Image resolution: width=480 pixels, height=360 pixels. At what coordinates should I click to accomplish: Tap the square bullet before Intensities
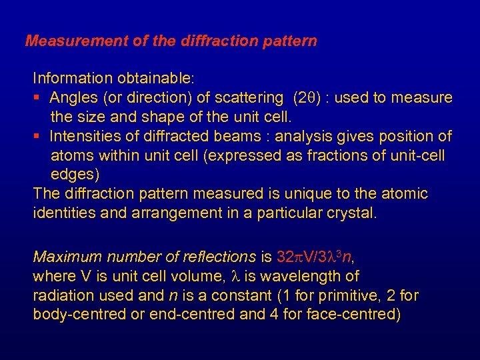38,137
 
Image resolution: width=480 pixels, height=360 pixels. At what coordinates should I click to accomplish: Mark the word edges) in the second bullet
75,175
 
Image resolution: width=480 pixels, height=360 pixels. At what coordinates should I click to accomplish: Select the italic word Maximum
64,257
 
